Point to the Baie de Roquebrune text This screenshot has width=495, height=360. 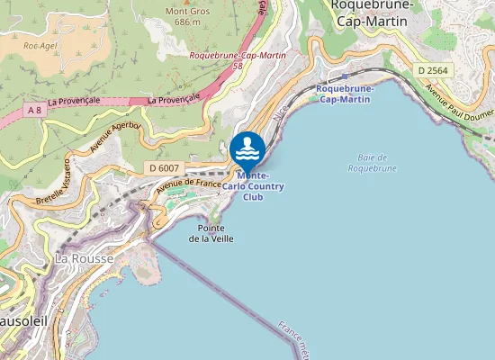(x=373, y=162)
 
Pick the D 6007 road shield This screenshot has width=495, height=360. (x=164, y=168)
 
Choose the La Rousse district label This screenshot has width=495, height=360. (x=85, y=258)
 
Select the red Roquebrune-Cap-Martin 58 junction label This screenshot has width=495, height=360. (x=238, y=60)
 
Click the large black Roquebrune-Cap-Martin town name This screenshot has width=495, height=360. (x=373, y=13)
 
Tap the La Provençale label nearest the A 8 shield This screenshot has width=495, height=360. (x=75, y=102)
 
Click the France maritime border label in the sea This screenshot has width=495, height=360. (x=293, y=341)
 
